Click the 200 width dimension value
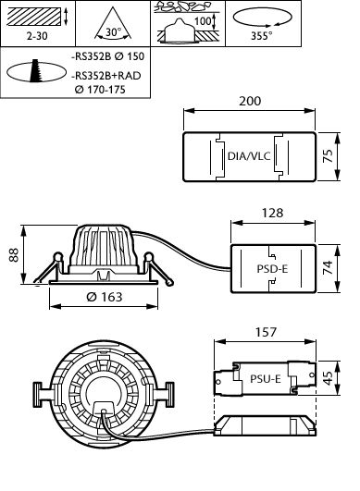(x=250, y=101)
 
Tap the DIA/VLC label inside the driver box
(x=249, y=156)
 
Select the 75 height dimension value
(x=328, y=155)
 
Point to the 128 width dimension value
(x=273, y=213)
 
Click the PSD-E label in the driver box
(x=272, y=269)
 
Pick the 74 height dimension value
(x=328, y=268)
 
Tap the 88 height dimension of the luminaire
(x=14, y=255)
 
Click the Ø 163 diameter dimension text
(x=105, y=297)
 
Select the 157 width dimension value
(x=266, y=332)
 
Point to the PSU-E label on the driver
(x=266, y=379)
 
